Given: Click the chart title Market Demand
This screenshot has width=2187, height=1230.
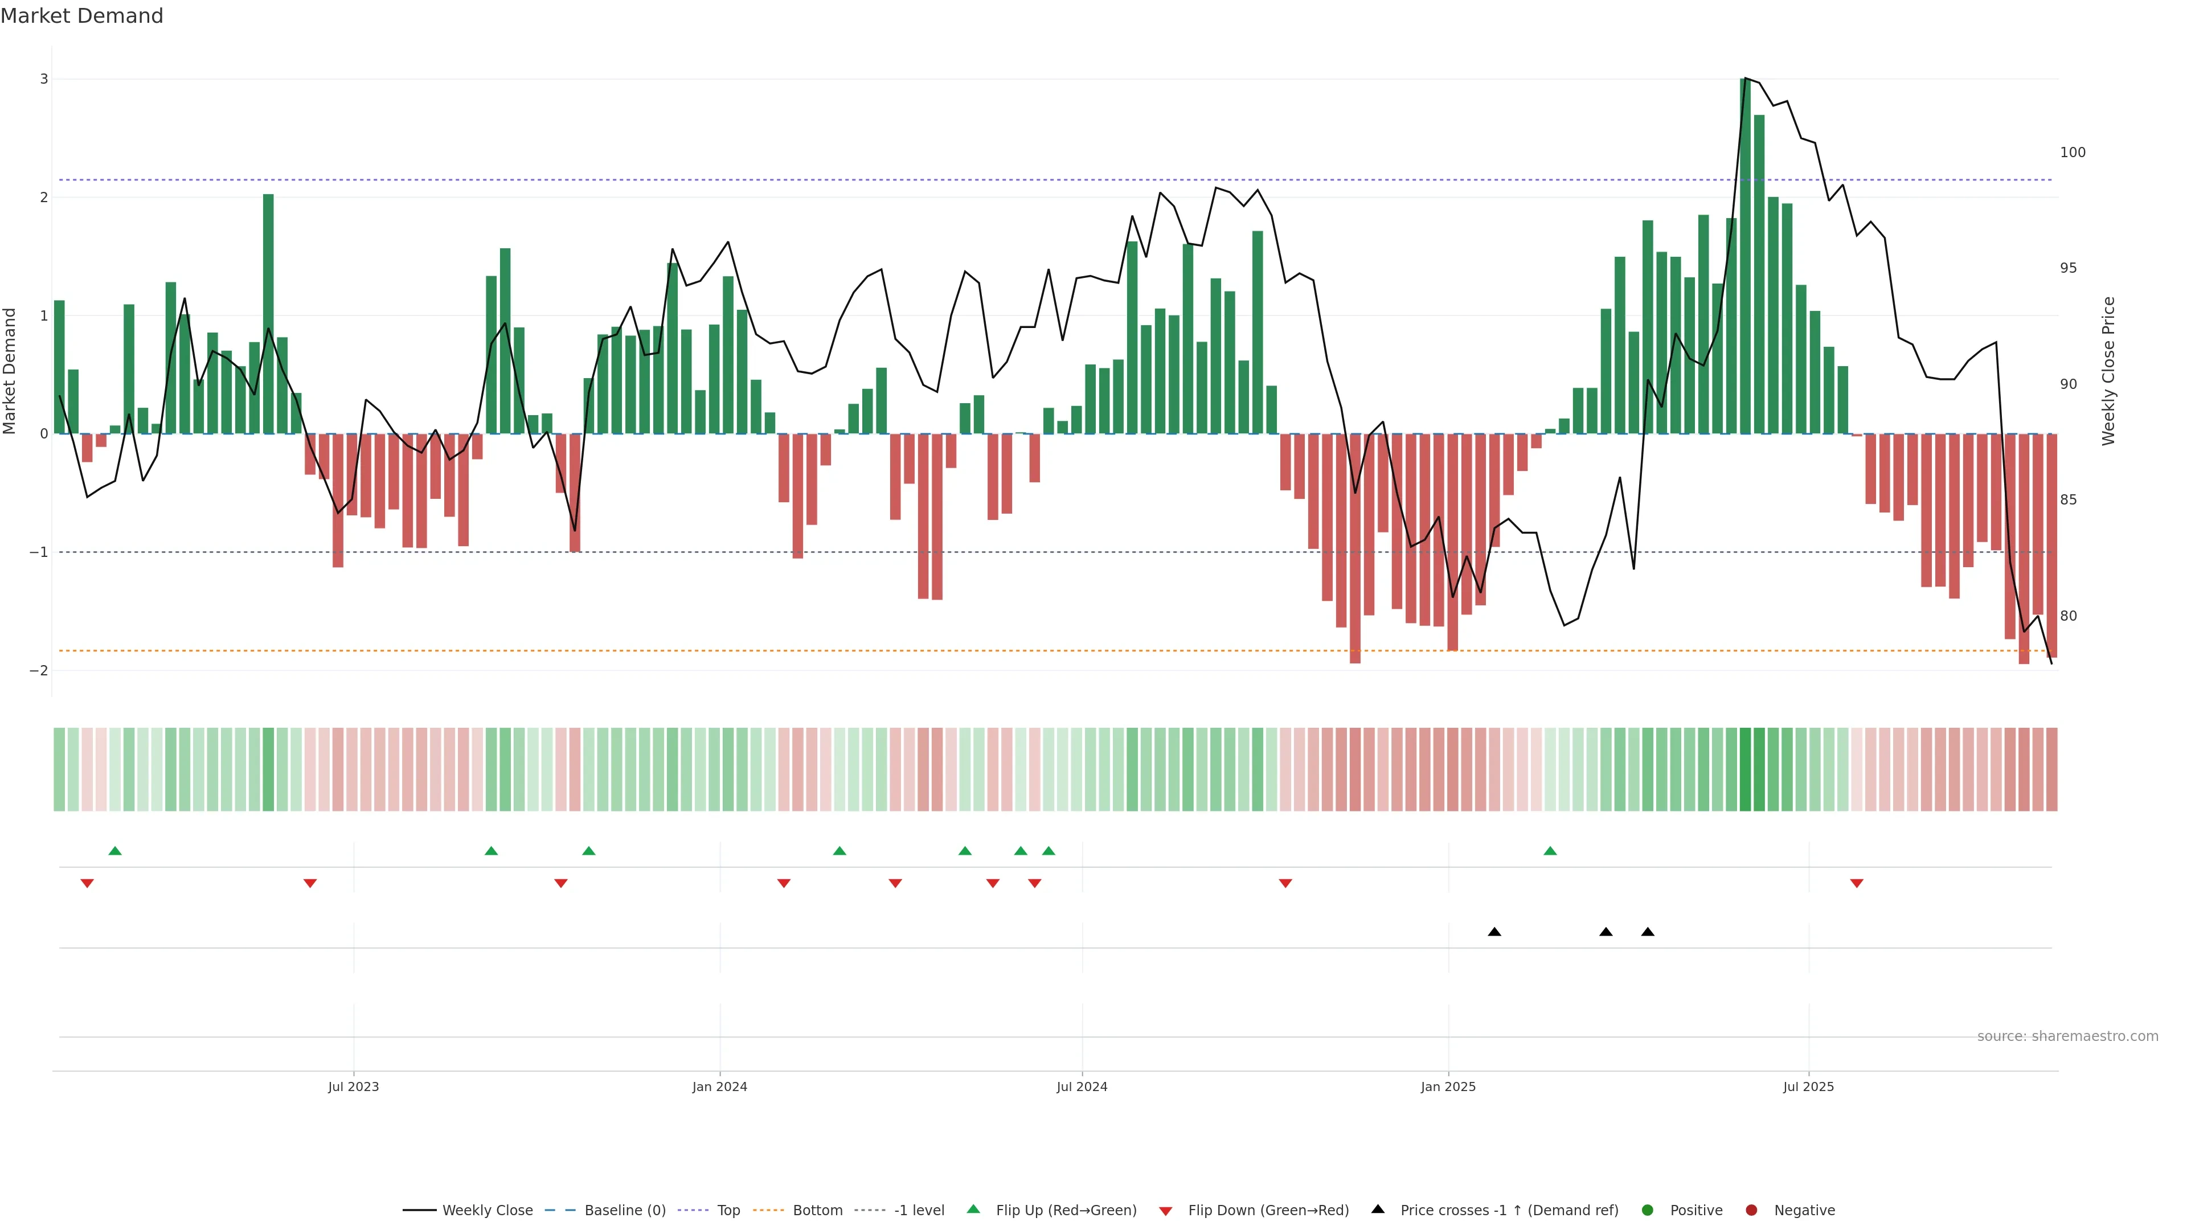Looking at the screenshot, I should (81, 16).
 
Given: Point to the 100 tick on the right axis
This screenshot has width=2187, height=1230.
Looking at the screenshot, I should (2073, 153).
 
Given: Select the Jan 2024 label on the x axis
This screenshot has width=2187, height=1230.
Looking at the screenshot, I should (719, 1086).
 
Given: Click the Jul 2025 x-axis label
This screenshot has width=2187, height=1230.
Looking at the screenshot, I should (1808, 1086).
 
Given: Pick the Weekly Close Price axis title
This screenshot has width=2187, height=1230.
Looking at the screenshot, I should (2109, 371).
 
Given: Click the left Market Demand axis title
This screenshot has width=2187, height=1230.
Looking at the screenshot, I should (10, 371).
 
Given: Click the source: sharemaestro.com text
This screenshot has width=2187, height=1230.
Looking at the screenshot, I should (2067, 1036).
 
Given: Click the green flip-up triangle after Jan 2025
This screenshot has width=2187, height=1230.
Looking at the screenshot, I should (1550, 851).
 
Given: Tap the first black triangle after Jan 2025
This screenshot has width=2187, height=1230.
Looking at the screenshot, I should (1494, 932).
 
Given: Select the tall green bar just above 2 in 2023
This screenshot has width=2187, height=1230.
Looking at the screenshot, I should (268, 314).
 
